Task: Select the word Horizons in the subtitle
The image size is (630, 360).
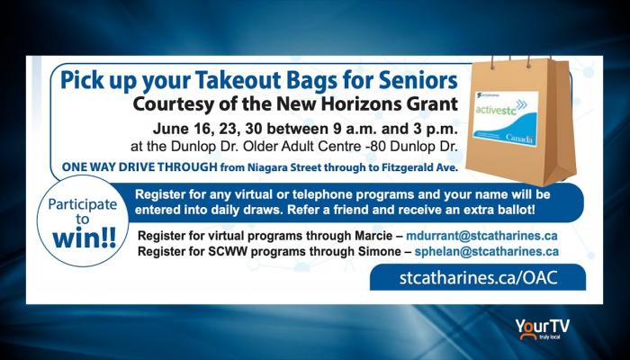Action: click(354, 104)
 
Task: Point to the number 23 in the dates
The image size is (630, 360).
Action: click(228, 130)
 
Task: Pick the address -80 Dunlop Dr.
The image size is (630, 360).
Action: click(412, 147)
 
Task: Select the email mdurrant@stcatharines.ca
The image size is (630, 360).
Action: click(481, 236)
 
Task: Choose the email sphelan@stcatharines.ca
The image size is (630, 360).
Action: click(487, 251)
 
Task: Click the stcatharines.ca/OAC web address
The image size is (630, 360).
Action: click(479, 278)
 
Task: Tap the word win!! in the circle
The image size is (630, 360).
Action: click(84, 238)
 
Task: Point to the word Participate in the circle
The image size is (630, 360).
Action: click(83, 204)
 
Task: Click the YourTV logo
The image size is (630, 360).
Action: click(543, 328)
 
